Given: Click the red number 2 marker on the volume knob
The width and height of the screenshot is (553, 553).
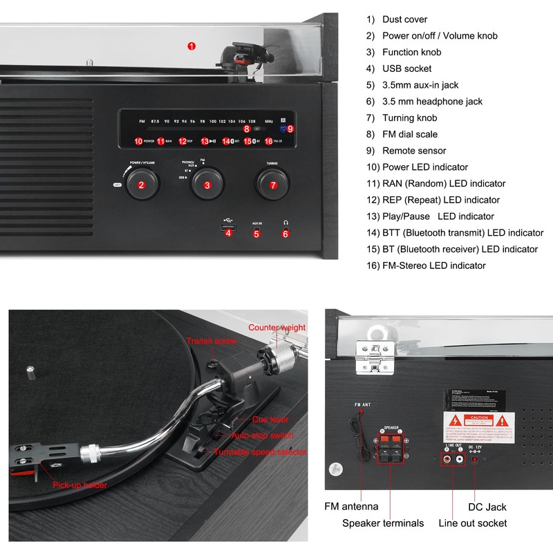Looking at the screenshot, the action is (x=141, y=185).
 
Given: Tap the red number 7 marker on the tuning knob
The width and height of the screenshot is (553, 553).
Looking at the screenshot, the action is (x=273, y=185).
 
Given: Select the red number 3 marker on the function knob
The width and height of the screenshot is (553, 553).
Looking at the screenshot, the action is (x=207, y=185).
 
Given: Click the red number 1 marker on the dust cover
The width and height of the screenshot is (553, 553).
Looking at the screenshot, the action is (x=191, y=46).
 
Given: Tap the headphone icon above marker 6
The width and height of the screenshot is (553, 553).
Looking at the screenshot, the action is (x=285, y=223).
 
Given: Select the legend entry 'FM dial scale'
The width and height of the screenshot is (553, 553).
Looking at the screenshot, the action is (x=410, y=134).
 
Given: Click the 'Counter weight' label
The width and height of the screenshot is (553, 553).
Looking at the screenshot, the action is (x=276, y=328).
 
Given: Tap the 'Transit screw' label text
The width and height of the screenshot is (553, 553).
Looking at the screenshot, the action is (x=212, y=341).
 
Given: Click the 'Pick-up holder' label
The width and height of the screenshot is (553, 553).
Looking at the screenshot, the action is (x=80, y=485).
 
